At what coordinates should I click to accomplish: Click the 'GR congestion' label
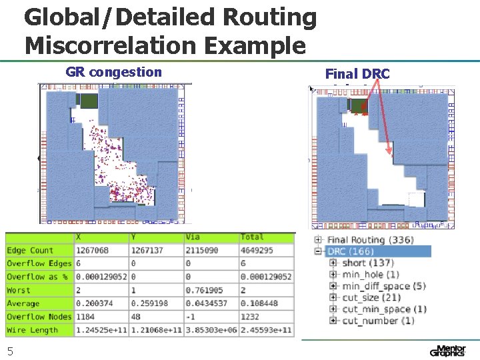click(113, 72)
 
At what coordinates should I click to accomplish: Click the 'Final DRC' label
click(357, 74)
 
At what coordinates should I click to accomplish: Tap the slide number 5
click(10, 351)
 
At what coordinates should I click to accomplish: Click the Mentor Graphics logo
click(448, 351)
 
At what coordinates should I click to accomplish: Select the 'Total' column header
click(252, 237)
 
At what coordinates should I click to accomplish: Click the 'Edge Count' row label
click(30, 251)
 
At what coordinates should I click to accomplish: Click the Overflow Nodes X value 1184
click(88, 317)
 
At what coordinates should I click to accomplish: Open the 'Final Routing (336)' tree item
click(370, 240)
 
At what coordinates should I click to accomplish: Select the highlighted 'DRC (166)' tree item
click(350, 251)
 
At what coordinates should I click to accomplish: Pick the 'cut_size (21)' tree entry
click(371, 297)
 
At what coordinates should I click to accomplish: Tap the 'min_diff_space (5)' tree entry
click(383, 286)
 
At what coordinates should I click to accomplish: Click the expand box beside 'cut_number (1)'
click(333, 321)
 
